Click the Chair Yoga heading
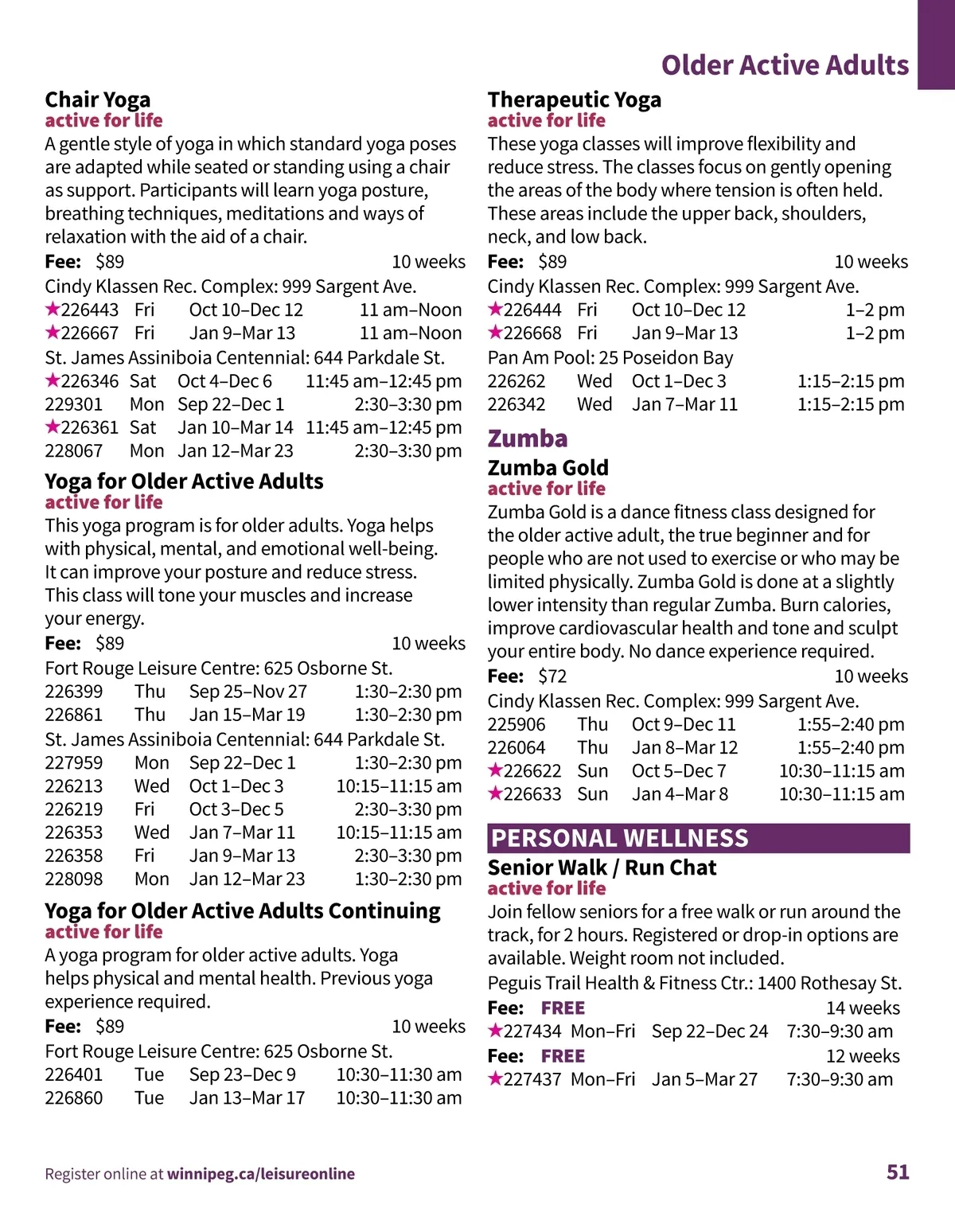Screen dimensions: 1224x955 pos(97,99)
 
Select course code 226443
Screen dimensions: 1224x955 pos(89,310)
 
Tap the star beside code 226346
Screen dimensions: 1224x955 pos(53,380)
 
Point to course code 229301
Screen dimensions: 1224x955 pos(74,404)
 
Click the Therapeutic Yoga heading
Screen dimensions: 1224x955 pos(574,99)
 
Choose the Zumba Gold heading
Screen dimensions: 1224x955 pos(548,467)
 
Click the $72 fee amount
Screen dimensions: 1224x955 pos(552,676)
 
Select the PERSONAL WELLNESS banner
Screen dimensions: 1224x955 pos(698,838)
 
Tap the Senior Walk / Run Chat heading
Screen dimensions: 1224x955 pos(602,867)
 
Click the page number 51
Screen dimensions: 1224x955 pos(898,1171)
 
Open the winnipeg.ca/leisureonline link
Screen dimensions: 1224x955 pos(261,1174)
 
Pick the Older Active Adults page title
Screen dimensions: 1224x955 pos(785,65)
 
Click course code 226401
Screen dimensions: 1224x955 pos(74,1074)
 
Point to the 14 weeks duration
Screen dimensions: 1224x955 pos(863,1008)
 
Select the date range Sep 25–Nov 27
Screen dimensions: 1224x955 pos(248,692)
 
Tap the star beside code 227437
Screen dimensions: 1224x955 pos(495,1079)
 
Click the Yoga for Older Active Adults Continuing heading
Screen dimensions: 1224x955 pos(243,910)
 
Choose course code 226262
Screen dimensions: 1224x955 pos(516,381)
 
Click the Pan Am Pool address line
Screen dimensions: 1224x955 pos(610,358)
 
